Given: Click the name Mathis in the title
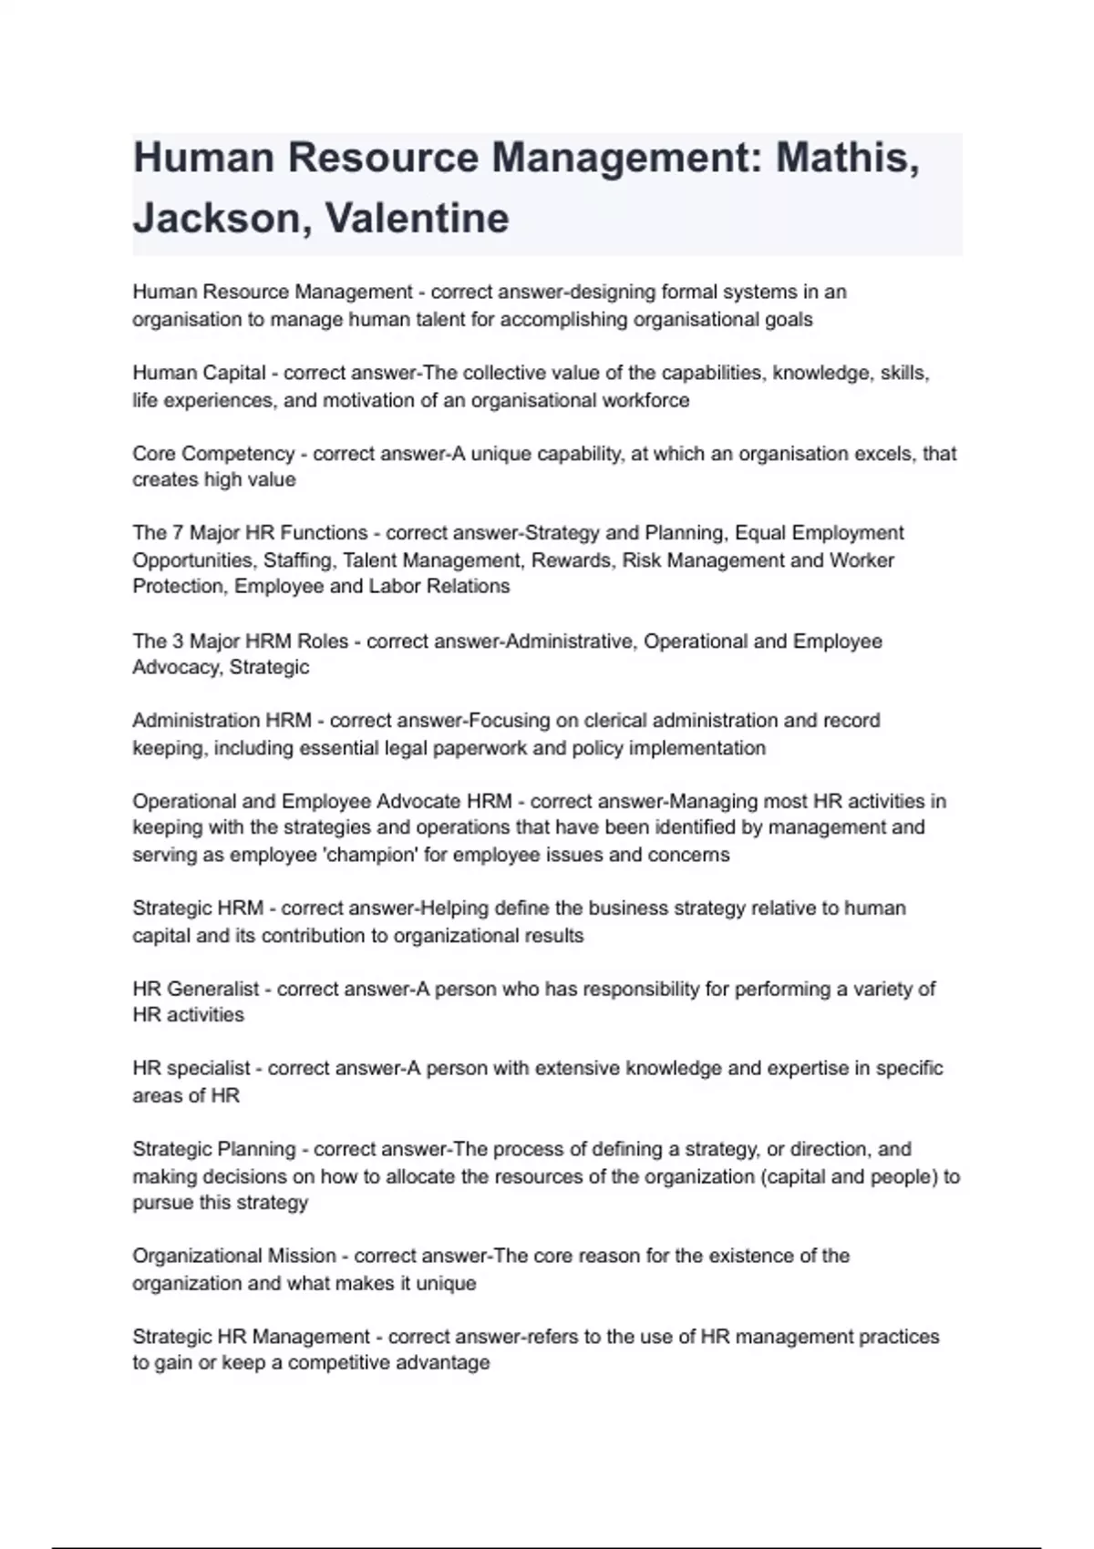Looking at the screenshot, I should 846,158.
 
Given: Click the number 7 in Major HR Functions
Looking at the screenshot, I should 178,533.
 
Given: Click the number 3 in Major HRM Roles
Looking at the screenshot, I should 178,641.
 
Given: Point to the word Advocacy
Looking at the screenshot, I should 175,667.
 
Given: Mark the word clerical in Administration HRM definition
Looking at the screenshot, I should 616,721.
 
